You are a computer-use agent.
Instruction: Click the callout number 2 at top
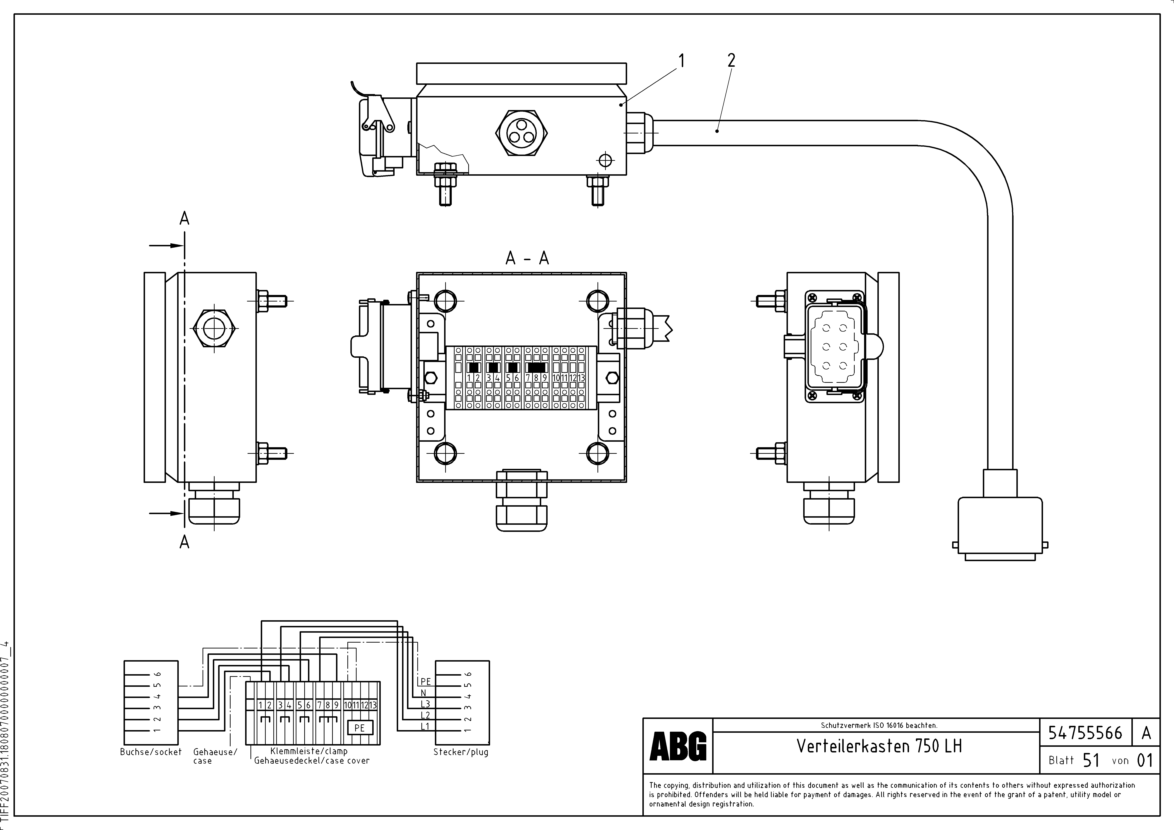point(731,61)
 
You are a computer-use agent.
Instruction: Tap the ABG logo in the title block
point(678,746)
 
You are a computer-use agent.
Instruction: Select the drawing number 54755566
point(1085,733)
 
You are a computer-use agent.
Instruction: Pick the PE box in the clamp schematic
point(359,727)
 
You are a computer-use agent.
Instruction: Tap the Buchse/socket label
point(151,752)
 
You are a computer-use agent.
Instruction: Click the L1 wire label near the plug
point(425,726)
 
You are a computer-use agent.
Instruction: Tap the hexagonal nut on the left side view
point(214,329)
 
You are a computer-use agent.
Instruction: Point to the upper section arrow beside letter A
point(166,245)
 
